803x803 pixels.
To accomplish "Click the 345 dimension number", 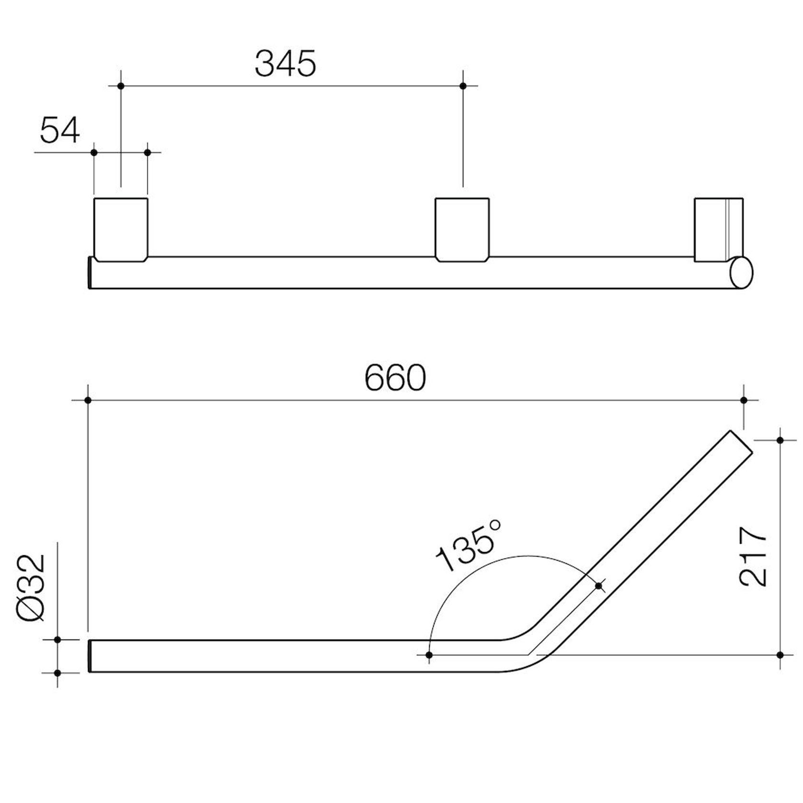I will (x=285, y=64).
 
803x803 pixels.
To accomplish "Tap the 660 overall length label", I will (x=395, y=378).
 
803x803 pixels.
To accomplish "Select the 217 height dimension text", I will (x=753, y=557).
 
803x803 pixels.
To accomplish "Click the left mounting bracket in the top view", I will (x=121, y=229).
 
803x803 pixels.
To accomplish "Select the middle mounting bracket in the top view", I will (x=462, y=229).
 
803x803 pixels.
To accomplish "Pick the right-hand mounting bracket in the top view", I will (x=718, y=229).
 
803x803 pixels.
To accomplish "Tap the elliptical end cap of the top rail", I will (x=741, y=272).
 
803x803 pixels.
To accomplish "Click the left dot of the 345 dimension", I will (x=121, y=86).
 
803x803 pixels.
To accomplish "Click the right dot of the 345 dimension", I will (x=463, y=86).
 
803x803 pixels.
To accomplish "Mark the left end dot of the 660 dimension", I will (x=88, y=400).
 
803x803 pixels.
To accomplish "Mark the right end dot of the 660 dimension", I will (x=744, y=400).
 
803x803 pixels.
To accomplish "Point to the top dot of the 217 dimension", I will (x=780, y=440).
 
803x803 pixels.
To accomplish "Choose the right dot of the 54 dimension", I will (x=148, y=152).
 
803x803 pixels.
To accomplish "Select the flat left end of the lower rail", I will (x=90, y=656).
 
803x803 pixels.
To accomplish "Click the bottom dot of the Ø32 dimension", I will (x=57, y=673).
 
